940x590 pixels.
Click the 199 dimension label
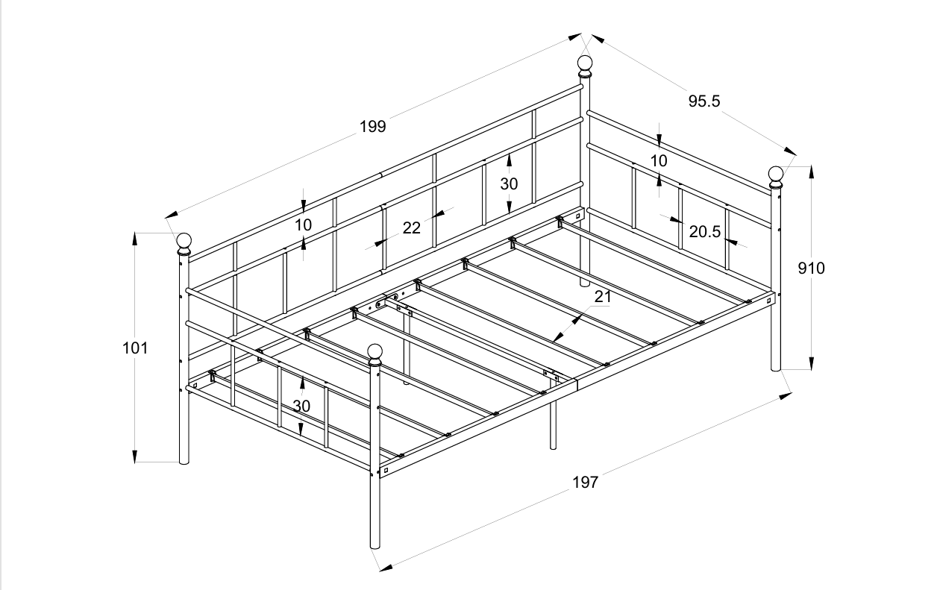point(372,126)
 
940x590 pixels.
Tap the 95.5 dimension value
point(704,101)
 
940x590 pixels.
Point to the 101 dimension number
point(135,348)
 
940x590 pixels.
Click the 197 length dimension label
point(586,483)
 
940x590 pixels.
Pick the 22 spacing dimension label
point(412,228)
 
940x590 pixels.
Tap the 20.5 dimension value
point(705,231)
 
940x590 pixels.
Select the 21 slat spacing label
point(603,297)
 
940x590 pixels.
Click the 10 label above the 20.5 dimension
point(659,160)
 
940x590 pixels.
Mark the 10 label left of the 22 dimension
point(304,225)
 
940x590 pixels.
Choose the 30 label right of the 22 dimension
point(509,183)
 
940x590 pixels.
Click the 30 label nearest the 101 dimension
point(301,407)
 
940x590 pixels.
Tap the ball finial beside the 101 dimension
point(184,241)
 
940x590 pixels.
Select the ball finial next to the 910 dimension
point(776,175)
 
